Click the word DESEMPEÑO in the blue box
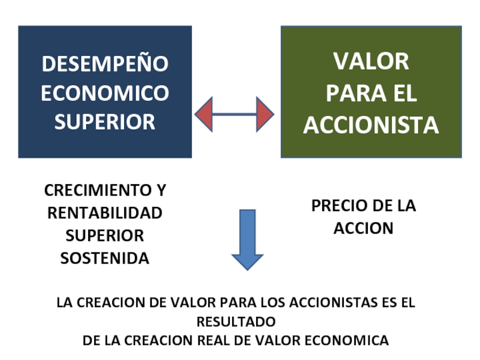point(104,64)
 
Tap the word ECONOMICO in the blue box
point(104,93)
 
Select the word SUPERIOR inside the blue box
point(104,122)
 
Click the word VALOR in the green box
point(371,61)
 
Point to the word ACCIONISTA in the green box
point(371,125)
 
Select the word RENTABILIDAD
point(104,213)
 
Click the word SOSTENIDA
point(104,259)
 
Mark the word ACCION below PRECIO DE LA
point(363,229)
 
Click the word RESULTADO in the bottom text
point(236,321)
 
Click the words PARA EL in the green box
point(371,94)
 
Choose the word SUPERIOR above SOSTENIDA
point(104,236)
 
